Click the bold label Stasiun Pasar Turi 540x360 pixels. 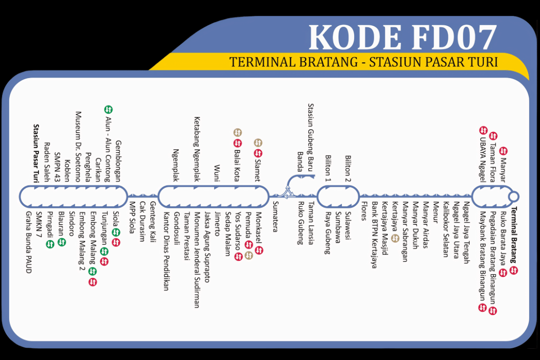pos(37,153)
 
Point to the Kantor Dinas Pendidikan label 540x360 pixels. pos(166,251)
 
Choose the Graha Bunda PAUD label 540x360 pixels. pos(28,242)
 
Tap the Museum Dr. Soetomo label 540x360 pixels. pos(78,146)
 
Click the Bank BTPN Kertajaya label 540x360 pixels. pos(375,235)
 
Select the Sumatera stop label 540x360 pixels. pos(275,216)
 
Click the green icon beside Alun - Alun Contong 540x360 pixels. pos(109,110)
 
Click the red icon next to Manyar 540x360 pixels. pos(504,151)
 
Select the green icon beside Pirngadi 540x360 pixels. pos(50,244)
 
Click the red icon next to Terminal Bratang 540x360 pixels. pos(514,270)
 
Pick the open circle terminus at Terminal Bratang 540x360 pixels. pos(513,197)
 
